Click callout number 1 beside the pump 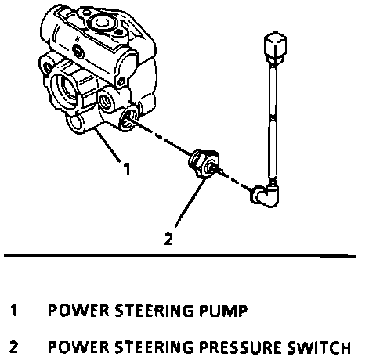pos(127,169)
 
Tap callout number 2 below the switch pos(168,239)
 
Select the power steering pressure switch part pos(204,163)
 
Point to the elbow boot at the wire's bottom pos(265,196)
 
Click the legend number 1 pos(14,311)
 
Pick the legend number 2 pos(13,347)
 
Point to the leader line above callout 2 pos(190,202)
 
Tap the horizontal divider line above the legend pos(179,255)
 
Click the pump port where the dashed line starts pos(128,118)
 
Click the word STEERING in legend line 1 pos(154,311)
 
